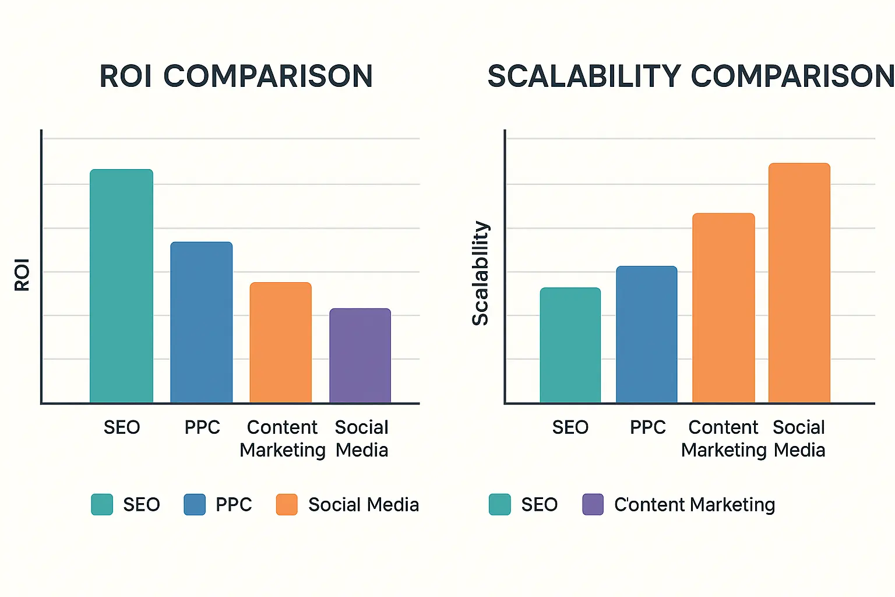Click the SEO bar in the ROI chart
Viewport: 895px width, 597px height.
(121, 286)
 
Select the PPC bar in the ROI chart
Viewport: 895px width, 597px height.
(201, 322)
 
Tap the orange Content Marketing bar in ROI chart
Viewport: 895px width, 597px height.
(280, 342)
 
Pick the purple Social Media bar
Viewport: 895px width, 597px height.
(360, 355)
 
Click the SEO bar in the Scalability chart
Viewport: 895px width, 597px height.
(570, 345)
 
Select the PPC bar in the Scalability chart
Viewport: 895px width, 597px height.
(646, 334)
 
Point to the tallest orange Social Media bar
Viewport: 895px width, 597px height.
(799, 283)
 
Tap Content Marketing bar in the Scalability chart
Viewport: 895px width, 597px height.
(723, 308)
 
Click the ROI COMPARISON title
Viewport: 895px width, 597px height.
(236, 76)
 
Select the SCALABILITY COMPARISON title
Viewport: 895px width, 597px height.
(690, 76)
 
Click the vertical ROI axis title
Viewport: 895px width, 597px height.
(22, 275)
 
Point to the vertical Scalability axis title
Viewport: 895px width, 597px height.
(480, 273)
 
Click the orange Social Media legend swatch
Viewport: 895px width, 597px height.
(287, 504)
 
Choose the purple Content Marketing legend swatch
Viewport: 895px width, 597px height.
(593, 504)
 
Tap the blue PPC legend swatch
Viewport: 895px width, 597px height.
(195, 504)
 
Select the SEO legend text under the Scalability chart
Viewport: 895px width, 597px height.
(539, 504)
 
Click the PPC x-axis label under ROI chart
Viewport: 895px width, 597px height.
(202, 427)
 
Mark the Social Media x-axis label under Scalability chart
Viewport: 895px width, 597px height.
(799, 438)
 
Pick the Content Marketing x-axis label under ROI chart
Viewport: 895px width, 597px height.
(283, 438)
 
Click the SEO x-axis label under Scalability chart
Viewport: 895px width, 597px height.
(570, 427)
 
